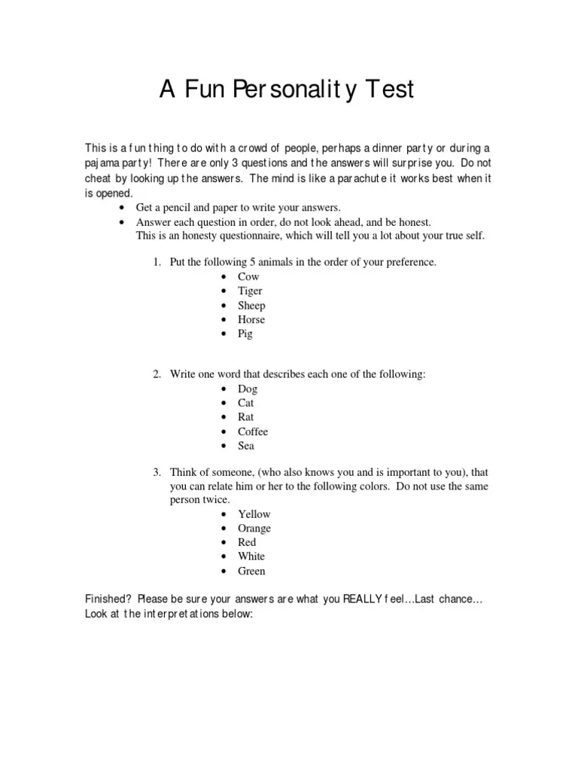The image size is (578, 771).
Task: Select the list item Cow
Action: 248,276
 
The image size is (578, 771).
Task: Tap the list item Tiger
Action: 250,291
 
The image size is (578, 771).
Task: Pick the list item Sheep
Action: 251,306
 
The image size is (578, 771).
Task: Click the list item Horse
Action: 251,319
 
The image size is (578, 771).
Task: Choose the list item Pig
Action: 245,334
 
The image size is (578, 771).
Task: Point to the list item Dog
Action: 248,389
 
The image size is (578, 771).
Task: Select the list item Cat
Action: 246,403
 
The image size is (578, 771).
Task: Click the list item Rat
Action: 246,417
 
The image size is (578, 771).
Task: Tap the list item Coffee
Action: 253,431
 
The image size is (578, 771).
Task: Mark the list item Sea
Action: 246,446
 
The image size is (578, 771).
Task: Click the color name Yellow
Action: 254,513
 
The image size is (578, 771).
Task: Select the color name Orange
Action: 254,528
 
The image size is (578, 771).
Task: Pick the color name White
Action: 251,556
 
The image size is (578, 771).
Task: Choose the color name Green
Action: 251,571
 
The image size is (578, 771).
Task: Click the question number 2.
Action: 157,374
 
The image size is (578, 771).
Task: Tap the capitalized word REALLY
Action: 362,599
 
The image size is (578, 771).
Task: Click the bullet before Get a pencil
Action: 122,208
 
